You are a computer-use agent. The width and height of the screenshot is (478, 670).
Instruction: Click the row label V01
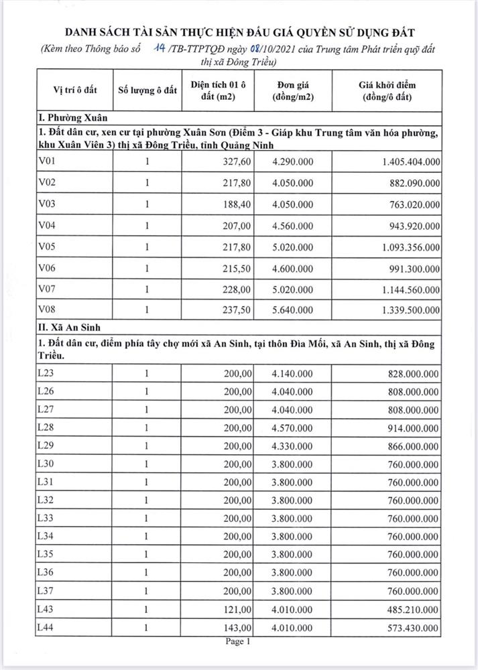49,161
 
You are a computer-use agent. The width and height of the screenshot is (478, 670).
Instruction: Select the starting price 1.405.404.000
402,161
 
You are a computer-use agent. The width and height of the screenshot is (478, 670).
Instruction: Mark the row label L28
48,427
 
